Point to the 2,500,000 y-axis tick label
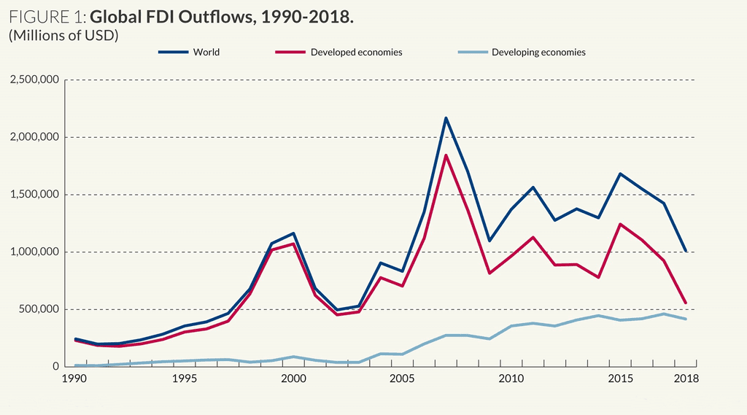[x=34, y=79]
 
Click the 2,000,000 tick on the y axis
[x=34, y=137]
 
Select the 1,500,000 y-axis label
[x=34, y=195]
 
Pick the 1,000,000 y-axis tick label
[x=34, y=252]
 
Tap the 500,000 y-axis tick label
[x=39, y=309]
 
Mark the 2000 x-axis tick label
[x=293, y=379]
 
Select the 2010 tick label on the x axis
[x=511, y=379]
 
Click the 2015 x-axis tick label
[x=619, y=379]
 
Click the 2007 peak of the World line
[x=445, y=118]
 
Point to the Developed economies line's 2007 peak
[x=445, y=155]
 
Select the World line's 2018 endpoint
[x=686, y=251]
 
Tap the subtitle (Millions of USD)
[x=63, y=35]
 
